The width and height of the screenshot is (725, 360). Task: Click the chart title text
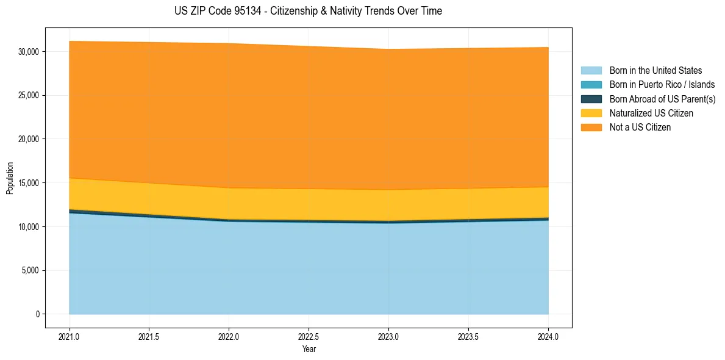tap(308, 11)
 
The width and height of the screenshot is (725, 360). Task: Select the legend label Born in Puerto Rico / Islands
tap(662, 85)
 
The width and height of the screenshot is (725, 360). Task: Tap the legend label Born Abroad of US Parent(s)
tap(662, 99)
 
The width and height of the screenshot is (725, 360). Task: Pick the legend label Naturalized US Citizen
tap(651, 113)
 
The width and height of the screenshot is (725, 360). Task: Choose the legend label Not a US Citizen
tap(640, 128)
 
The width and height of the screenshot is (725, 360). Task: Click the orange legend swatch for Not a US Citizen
tap(591, 128)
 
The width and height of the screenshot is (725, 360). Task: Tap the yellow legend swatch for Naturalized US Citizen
tap(591, 113)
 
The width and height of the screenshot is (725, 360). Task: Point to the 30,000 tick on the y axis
tap(28, 52)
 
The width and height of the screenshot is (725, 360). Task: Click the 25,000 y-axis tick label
tap(28, 96)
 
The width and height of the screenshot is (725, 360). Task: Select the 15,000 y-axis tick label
tap(28, 183)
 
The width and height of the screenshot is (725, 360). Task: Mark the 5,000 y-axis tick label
tap(30, 271)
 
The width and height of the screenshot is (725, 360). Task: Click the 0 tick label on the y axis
tap(38, 314)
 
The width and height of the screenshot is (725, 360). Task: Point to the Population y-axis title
tap(10, 178)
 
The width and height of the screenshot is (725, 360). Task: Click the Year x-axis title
tap(309, 350)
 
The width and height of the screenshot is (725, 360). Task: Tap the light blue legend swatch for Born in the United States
tap(591, 71)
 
